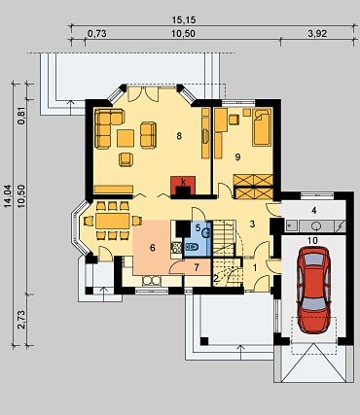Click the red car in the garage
tap(313, 290)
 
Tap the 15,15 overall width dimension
tap(184, 20)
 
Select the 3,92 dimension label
tap(317, 34)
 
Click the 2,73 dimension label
tap(21, 320)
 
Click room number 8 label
tap(179, 136)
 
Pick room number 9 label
tap(237, 157)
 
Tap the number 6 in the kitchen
tap(153, 248)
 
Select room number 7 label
tap(197, 267)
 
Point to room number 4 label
tap(313, 211)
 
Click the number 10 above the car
tap(313, 240)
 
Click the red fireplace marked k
tap(183, 186)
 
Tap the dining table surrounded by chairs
tap(113, 221)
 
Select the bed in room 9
tap(262, 127)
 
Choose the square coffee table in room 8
tap(126, 138)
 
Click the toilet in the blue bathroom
tap(192, 248)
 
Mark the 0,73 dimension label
tap(97, 34)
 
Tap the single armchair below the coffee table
tap(126, 159)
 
